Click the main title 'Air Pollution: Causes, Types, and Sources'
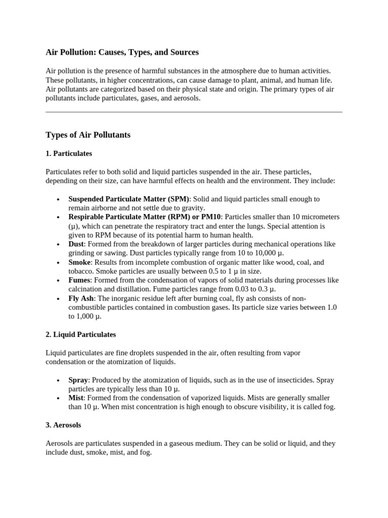(122, 52)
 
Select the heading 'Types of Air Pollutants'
(88, 135)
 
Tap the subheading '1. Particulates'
(69, 153)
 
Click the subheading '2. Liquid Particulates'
(81, 334)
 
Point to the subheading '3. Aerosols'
(63, 425)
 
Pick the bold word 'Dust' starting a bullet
(76, 244)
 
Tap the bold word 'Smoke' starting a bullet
(79, 263)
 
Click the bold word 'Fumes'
(79, 280)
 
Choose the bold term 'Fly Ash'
(81, 298)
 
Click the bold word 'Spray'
(78, 380)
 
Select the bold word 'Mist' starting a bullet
(76, 398)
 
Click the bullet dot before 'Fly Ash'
(59, 299)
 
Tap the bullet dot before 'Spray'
(59, 380)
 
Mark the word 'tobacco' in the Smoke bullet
(81, 271)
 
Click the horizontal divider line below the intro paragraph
(194, 112)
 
